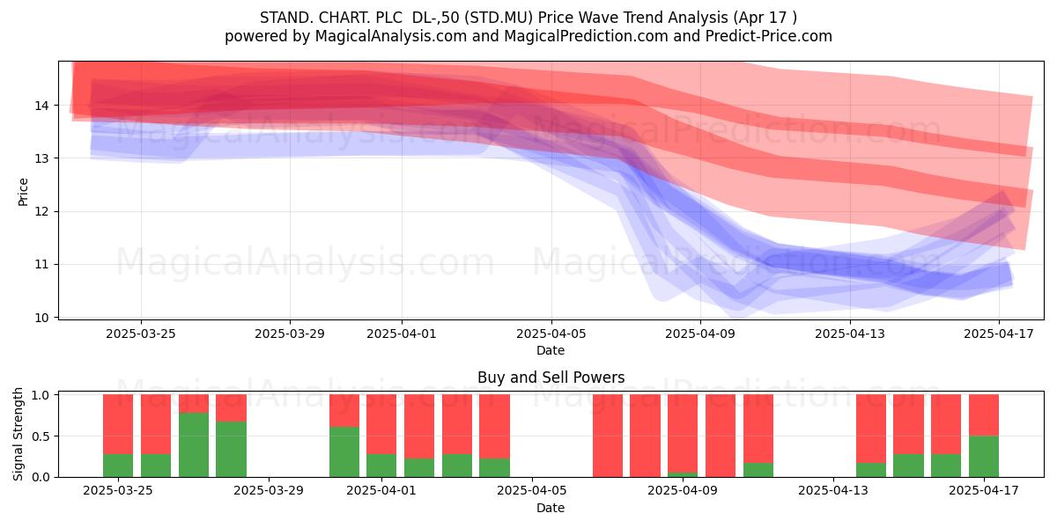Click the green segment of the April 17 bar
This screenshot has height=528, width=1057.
[984, 457]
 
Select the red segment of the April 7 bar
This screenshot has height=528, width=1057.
[608, 436]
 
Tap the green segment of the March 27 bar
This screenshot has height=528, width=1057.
[194, 444]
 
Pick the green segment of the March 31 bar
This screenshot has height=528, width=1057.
[344, 451]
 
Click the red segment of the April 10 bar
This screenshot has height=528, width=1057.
[721, 436]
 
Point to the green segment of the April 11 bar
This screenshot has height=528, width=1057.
[758, 470]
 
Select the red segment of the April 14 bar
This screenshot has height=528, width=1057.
[871, 429]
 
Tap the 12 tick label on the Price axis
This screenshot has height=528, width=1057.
[41, 212]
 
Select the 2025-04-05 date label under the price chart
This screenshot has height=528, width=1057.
[551, 334]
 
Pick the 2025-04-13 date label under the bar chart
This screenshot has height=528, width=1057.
[833, 491]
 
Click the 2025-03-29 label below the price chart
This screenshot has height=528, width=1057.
[290, 334]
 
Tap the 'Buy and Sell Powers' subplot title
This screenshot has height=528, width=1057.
[551, 378]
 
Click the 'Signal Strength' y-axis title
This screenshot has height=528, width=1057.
[18, 434]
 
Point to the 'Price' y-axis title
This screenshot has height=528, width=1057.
[23, 192]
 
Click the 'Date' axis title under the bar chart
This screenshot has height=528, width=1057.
[551, 508]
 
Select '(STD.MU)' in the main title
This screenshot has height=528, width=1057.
[499, 18]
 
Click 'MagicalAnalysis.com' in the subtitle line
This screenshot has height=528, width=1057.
[391, 36]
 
